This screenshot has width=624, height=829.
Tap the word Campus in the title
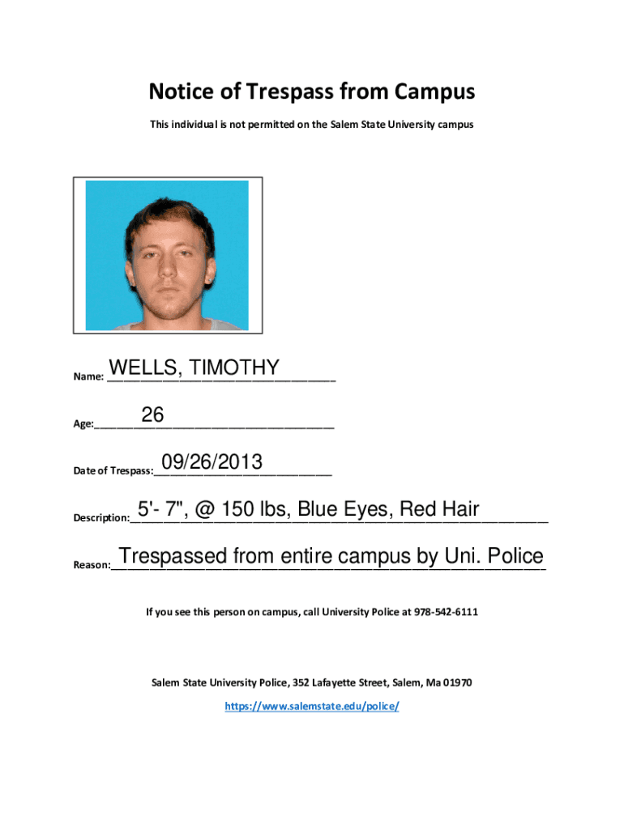[435, 92]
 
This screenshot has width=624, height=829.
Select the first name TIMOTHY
[235, 368]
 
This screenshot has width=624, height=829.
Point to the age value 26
[152, 415]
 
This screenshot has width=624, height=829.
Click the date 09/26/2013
[212, 462]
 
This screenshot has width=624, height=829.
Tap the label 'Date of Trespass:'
[113, 470]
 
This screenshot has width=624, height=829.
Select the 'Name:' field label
[88, 376]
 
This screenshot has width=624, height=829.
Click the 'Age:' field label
[83, 423]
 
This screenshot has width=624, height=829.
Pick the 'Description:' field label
[100, 517]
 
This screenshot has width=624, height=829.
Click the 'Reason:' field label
[91, 565]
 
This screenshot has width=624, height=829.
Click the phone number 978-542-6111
[446, 612]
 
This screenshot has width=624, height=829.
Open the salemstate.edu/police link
[312, 706]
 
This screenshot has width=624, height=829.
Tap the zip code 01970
[457, 682]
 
